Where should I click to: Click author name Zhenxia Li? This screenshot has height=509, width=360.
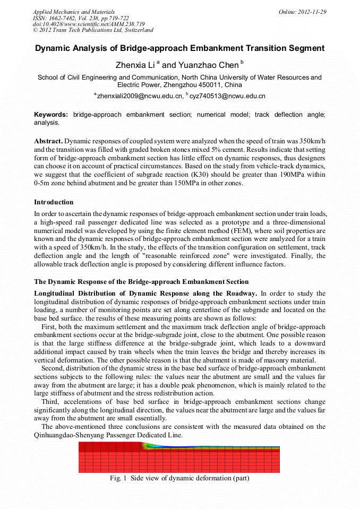[135, 65]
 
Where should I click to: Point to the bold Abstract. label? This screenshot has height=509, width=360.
[48, 141]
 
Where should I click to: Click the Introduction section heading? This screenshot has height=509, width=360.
[54, 202]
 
